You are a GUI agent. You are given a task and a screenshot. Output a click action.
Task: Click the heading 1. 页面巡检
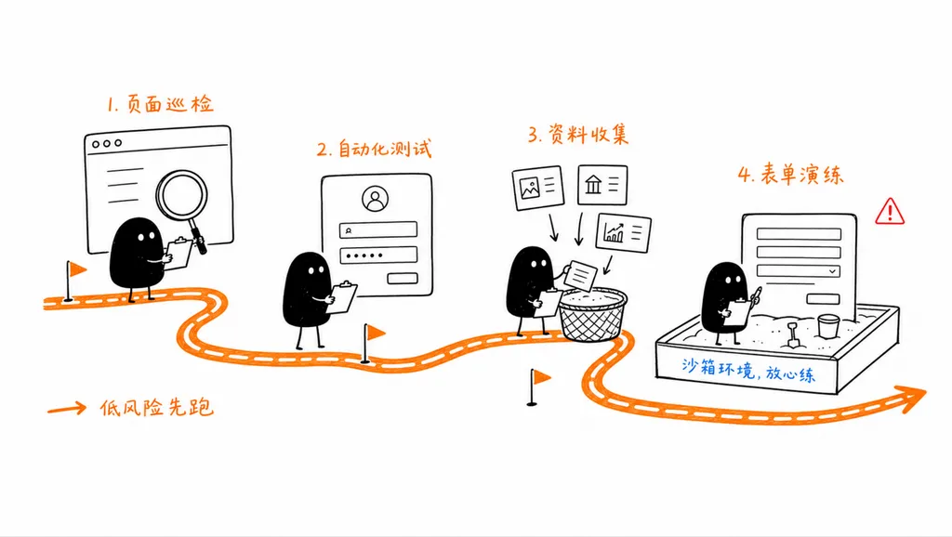click(160, 104)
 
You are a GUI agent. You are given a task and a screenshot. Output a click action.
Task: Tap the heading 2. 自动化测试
click(374, 149)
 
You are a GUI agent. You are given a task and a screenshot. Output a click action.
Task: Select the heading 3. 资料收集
click(578, 134)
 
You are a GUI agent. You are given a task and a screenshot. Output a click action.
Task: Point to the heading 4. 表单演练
click(790, 175)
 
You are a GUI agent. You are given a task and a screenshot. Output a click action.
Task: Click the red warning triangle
click(890, 212)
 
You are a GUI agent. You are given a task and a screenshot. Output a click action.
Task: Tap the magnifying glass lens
click(181, 195)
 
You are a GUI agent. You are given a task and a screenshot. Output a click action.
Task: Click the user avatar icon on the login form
click(376, 199)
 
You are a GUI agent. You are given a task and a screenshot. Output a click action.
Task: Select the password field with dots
click(378, 255)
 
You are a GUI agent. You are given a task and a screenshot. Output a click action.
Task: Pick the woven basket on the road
click(592, 315)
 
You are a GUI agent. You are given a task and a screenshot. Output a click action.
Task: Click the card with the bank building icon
click(602, 185)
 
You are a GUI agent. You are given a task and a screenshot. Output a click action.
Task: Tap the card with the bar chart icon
click(624, 232)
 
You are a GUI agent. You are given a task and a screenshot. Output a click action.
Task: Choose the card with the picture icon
click(538, 188)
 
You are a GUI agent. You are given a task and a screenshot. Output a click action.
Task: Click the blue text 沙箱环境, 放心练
click(748, 370)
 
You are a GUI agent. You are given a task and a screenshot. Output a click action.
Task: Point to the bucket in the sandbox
click(827, 325)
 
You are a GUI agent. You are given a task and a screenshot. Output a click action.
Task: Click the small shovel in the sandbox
click(793, 336)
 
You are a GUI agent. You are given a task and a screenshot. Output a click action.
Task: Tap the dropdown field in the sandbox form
click(799, 271)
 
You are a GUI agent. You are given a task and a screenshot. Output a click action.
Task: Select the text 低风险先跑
click(156, 408)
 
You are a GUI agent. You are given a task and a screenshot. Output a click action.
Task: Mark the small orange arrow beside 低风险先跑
click(67, 409)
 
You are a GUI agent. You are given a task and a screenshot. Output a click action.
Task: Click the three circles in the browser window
click(107, 144)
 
